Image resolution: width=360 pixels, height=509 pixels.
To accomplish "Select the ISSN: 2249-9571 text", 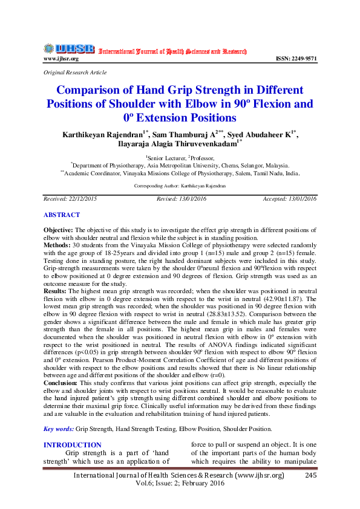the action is tap(296, 59).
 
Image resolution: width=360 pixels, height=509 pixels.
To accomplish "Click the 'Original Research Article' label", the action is tap(71, 72).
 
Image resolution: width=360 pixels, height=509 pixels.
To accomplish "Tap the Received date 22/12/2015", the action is tap(83, 198).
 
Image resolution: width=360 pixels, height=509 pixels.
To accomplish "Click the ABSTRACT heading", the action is tap(61, 215).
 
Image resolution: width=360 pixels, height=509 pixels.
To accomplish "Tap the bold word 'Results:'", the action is tap(56, 290).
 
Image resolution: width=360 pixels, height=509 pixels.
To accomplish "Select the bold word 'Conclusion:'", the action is tap(60, 383).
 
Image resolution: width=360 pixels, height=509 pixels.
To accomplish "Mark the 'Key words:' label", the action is tap(58, 429).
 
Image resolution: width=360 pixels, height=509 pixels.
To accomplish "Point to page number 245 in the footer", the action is tap(312, 476).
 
